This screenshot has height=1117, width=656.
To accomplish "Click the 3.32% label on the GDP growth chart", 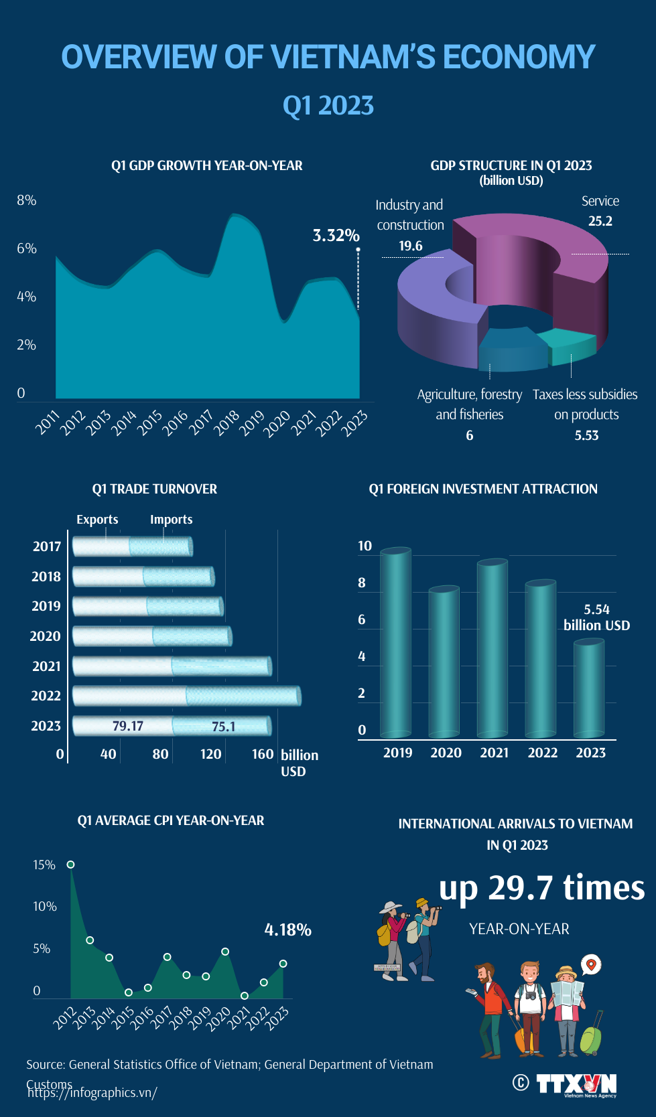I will click(336, 236).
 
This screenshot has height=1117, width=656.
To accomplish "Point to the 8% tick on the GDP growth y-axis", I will click(26, 200).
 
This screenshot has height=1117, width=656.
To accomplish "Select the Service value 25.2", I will click(600, 221).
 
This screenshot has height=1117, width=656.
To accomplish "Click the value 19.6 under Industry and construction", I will click(410, 246).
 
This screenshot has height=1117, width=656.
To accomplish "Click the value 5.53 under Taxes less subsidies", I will click(586, 435).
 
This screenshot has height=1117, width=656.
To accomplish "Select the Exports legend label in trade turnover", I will click(97, 520).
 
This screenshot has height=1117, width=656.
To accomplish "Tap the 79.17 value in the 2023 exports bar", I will click(127, 726).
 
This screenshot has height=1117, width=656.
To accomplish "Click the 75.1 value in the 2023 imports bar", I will click(223, 727).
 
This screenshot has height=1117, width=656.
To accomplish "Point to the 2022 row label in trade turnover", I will click(46, 696).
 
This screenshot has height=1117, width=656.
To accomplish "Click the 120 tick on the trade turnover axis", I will click(210, 754).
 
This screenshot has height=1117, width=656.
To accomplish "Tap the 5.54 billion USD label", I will click(596, 617).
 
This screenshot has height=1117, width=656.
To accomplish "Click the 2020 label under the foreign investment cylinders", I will click(446, 753).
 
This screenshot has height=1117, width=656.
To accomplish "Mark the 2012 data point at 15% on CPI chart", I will click(71, 865).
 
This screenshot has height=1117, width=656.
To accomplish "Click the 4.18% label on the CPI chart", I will click(287, 929).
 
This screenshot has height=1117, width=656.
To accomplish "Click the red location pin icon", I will click(591, 965).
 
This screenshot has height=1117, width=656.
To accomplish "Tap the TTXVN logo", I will click(576, 1084).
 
